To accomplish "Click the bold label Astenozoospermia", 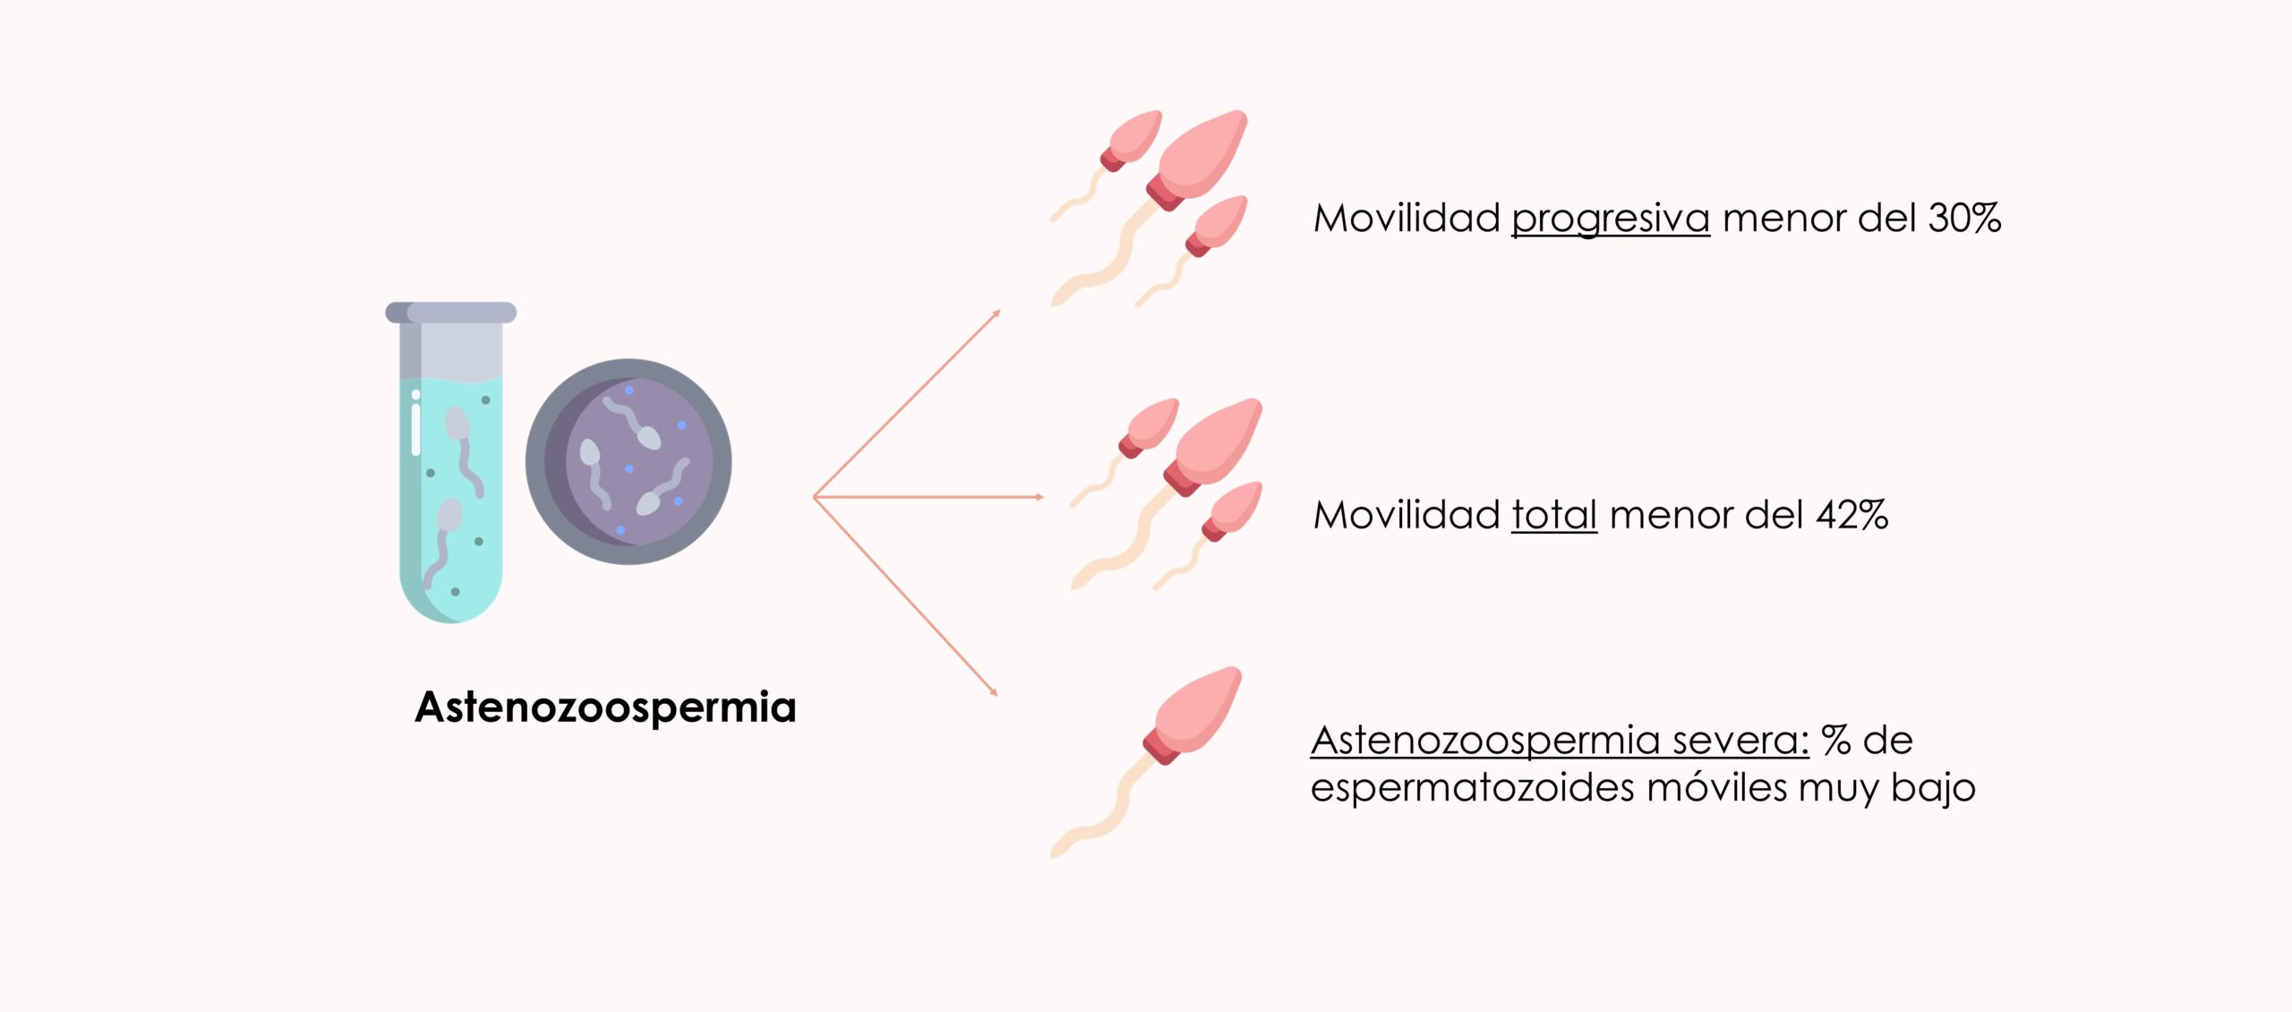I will click(605, 708).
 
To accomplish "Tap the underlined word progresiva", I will click(1610, 219).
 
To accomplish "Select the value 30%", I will click(1964, 219).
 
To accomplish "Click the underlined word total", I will click(1553, 516).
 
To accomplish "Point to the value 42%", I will click(1852, 516).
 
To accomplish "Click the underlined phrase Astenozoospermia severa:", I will click(1560, 741).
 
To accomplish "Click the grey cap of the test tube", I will click(450, 313).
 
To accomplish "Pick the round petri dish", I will click(629, 461).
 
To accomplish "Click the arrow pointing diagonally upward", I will click(906, 403).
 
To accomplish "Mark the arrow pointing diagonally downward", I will click(906, 596).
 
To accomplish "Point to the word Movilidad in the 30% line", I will click(1407, 219).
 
